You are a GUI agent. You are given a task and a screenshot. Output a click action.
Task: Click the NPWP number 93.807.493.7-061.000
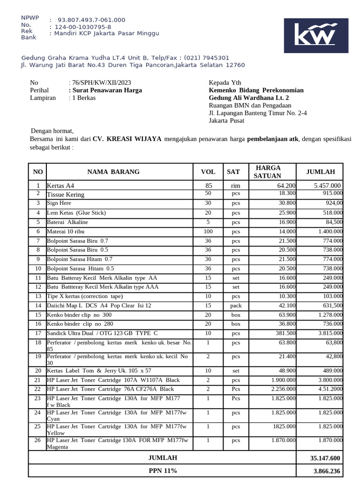(91, 20)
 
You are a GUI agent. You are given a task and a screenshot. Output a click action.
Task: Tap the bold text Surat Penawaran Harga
(106, 90)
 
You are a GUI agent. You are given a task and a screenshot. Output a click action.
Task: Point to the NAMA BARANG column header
(113, 172)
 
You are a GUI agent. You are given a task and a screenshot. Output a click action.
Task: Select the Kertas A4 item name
(60, 186)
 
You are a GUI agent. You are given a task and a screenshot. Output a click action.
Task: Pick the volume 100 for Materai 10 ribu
(208, 232)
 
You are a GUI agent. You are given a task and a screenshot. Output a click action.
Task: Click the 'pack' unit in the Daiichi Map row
(235, 306)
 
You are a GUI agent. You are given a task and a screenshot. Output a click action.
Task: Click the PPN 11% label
(163, 471)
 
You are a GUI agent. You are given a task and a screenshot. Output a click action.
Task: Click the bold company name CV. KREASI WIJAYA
(127, 139)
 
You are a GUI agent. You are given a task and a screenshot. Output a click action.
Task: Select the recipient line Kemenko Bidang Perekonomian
(256, 90)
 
